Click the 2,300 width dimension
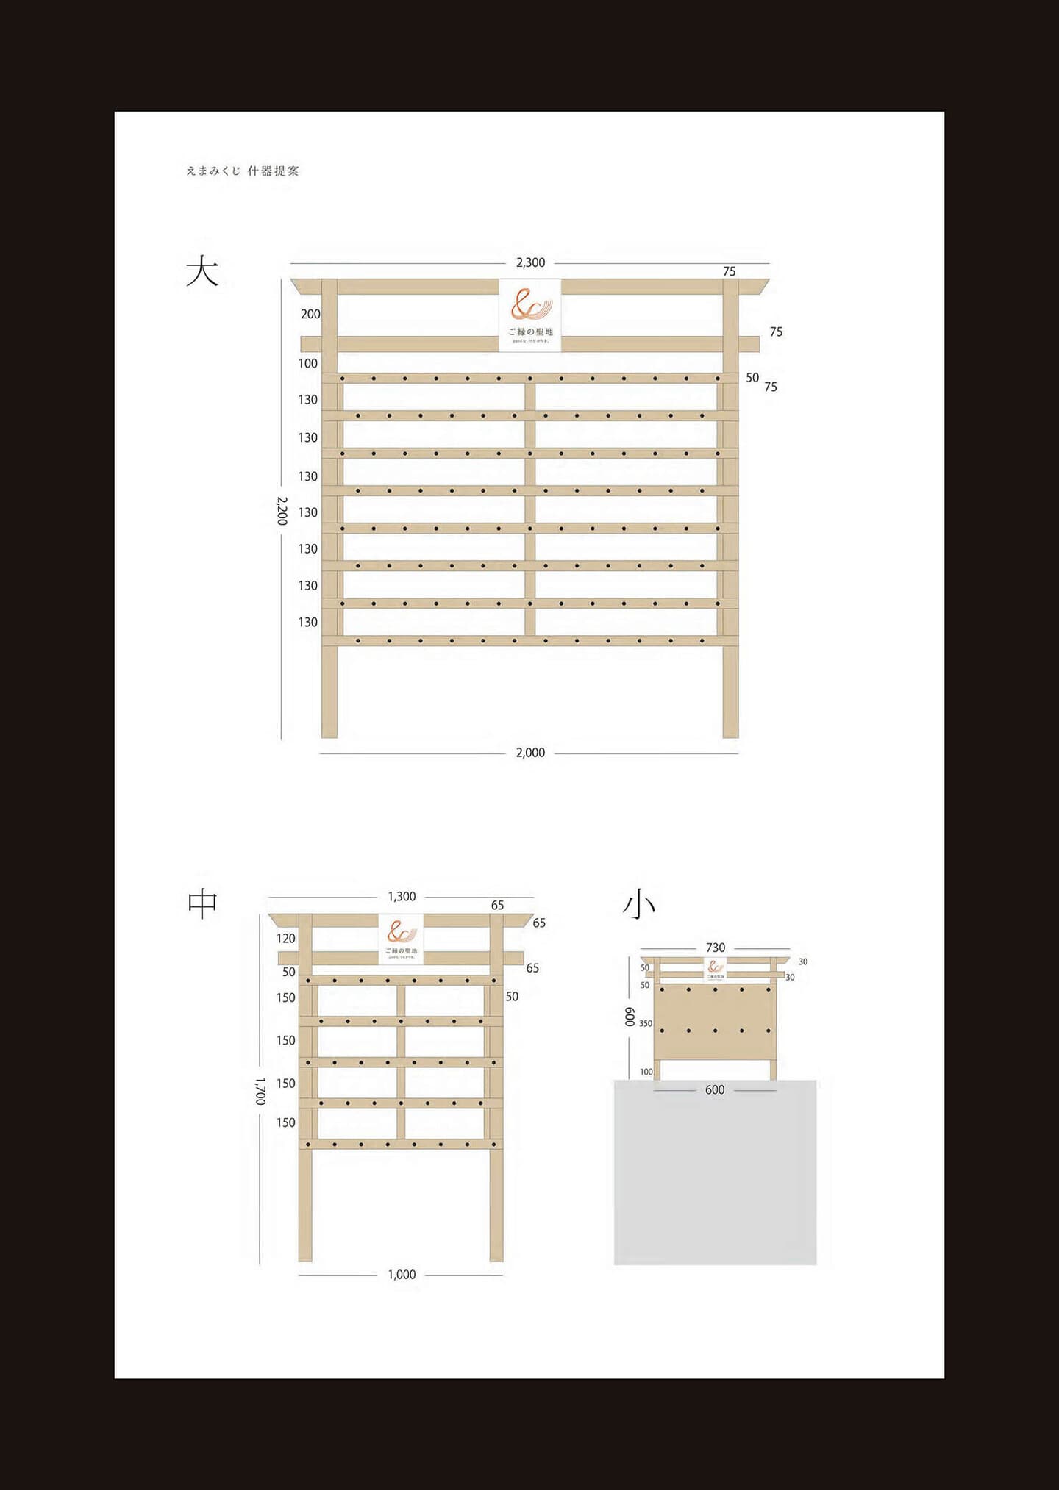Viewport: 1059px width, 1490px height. point(530,262)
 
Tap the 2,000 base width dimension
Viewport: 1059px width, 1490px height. point(530,753)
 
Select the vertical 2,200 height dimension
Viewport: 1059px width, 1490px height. point(282,510)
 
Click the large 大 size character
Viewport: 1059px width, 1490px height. point(202,271)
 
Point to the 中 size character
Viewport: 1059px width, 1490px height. point(202,903)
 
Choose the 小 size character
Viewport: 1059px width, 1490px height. point(638,905)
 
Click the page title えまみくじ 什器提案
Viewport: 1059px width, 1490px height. point(243,171)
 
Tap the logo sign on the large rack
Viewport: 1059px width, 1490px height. point(529,315)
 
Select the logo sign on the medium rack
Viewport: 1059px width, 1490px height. point(402,938)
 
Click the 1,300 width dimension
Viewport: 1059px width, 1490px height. point(402,897)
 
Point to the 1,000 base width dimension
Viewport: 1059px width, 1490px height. point(402,1275)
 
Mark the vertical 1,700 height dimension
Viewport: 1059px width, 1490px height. point(260,1092)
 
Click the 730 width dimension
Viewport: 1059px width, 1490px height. point(715,948)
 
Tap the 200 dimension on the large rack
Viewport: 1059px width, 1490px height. point(310,315)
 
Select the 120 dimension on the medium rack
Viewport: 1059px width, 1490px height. point(286,939)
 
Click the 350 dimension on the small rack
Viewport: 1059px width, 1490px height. point(646,1023)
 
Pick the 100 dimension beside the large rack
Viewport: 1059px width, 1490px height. point(308,363)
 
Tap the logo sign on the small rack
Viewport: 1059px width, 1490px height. point(715,969)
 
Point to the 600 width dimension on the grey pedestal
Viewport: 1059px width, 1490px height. point(715,1090)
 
